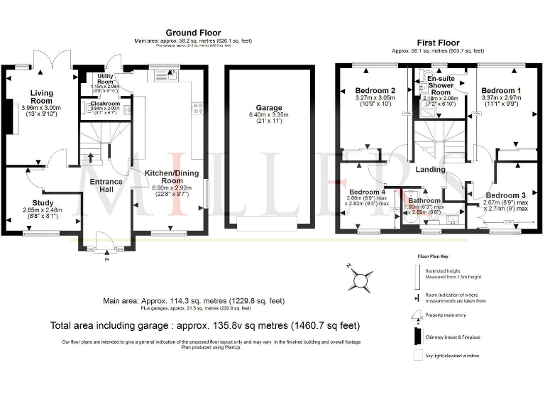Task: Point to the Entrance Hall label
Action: point(106,185)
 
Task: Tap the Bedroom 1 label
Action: point(501,91)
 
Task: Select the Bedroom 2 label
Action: point(375,91)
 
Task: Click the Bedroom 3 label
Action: point(506,195)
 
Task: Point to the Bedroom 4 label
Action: point(367,192)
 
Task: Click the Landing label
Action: point(430,170)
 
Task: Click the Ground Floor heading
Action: point(193,33)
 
